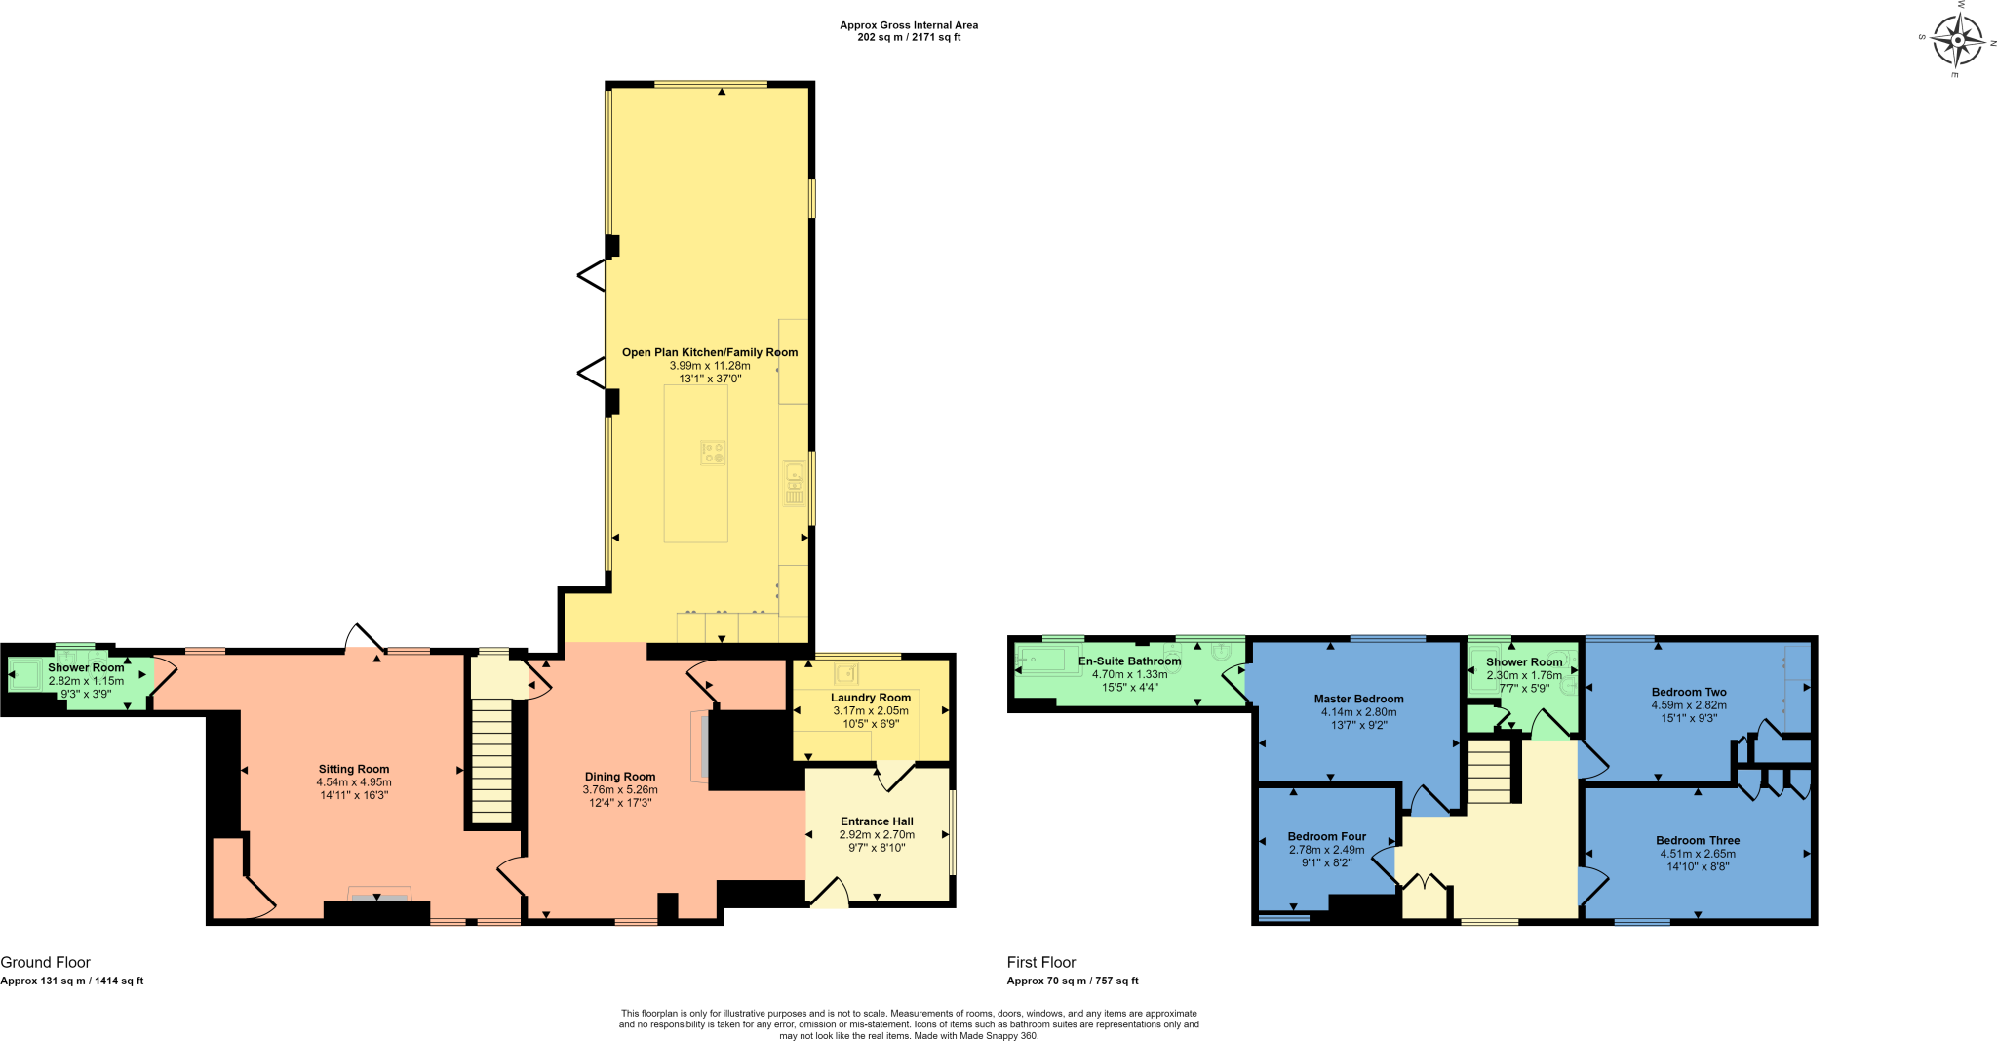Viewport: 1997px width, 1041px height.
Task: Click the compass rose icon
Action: (x=1957, y=42)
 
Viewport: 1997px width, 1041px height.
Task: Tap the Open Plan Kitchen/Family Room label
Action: (x=710, y=352)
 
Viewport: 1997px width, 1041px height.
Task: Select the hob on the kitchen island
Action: (x=713, y=453)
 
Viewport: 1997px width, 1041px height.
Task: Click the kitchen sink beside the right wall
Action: (x=795, y=484)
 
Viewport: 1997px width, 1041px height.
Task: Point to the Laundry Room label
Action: (x=871, y=698)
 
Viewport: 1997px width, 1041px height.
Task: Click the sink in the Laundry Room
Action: (x=845, y=674)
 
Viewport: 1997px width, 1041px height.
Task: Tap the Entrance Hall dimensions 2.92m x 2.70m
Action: (x=877, y=835)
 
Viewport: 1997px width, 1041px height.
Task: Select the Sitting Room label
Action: (x=354, y=769)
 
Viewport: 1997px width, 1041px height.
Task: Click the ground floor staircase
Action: (x=491, y=761)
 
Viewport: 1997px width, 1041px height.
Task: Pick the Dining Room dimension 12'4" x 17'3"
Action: (x=620, y=803)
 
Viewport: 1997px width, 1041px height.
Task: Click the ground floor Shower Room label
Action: (x=86, y=667)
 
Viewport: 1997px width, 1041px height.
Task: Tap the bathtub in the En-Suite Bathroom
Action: (x=1049, y=660)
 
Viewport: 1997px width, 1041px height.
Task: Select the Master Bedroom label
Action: (x=1358, y=699)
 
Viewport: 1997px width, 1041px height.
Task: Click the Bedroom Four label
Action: (x=1326, y=836)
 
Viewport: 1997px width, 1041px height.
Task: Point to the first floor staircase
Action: (x=1489, y=771)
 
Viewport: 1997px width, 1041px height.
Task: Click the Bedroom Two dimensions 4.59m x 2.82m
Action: (x=1689, y=705)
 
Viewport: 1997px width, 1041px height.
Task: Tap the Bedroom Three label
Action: (x=1698, y=840)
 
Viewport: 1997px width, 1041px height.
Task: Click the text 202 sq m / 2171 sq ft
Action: (x=909, y=38)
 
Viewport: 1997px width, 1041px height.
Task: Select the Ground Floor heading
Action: (x=46, y=962)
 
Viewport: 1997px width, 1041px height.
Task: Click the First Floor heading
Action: (x=1041, y=962)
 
